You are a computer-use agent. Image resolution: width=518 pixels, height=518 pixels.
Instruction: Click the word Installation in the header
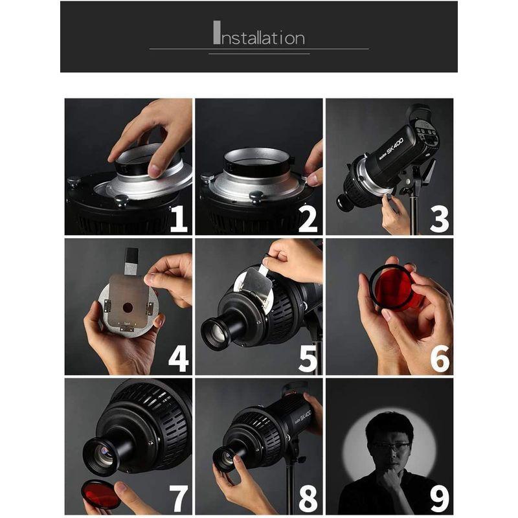[x=259, y=33]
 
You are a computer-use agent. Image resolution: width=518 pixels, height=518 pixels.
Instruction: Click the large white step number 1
[x=179, y=220]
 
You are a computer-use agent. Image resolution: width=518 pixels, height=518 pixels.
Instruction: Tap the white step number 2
[x=308, y=220]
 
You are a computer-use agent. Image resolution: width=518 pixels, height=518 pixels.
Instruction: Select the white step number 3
[x=440, y=220]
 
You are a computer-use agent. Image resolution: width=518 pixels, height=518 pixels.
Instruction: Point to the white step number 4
[x=179, y=359]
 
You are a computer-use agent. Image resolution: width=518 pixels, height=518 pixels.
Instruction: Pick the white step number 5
[x=308, y=359]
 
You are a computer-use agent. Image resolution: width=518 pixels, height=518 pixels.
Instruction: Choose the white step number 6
[x=440, y=359]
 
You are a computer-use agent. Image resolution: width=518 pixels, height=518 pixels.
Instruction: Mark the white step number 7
[x=179, y=499]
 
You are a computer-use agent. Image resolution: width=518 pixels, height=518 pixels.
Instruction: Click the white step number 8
[x=308, y=499]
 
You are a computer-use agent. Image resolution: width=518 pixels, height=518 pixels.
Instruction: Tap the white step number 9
[x=440, y=499]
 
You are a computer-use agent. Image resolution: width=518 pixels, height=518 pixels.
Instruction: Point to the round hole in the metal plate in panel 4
[x=128, y=308]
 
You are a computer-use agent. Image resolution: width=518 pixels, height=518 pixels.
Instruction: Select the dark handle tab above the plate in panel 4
[x=132, y=261]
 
